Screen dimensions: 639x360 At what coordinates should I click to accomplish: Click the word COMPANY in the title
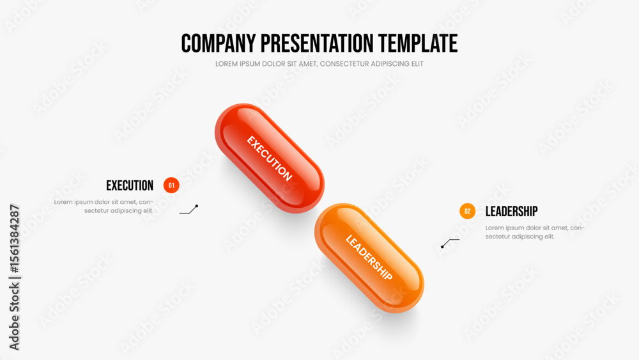219,43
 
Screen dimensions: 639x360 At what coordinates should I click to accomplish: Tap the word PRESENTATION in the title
317,43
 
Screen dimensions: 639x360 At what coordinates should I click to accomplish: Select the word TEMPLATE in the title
418,43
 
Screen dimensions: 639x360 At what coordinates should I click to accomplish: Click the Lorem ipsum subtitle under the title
319,64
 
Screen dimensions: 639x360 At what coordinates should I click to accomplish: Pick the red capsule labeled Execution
270,158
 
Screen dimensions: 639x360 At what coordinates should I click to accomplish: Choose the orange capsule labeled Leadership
369,258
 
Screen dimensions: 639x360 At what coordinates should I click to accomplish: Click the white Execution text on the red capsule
270,158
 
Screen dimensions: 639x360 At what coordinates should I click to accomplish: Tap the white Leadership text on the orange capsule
369,258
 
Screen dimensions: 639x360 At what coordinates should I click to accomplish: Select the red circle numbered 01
171,185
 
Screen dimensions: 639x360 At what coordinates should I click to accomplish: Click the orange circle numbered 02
468,211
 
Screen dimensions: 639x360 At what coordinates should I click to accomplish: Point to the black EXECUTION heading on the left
130,185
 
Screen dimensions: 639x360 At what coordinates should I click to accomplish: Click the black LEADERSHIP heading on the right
511,211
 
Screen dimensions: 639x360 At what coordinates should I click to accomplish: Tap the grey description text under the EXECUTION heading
104,207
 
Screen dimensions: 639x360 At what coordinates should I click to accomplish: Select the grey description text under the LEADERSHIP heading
535,232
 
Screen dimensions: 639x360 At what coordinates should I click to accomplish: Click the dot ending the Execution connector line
196,206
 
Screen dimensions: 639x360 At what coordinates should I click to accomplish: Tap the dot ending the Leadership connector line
442,247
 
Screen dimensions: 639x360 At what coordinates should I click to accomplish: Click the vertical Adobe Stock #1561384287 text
14,278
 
